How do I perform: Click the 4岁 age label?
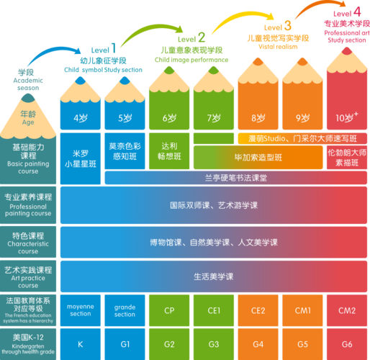tap(81, 118)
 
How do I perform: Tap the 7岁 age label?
tap(214, 118)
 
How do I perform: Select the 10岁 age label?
tap(346, 117)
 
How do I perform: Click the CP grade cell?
tap(170, 310)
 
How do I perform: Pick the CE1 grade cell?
tap(214, 310)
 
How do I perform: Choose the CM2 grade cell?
tap(346, 310)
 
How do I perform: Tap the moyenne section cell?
tap(81, 310)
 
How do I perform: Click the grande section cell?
tap(125, 310)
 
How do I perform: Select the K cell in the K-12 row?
tap(81, 343)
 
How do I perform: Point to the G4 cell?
tap(258, 343)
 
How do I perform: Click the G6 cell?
tap(346, 343)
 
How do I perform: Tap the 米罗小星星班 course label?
tap(81, 158)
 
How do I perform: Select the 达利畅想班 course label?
tap(170, 149)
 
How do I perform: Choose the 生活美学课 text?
tap(214, 276)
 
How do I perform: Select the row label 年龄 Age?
tap(27, 118)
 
